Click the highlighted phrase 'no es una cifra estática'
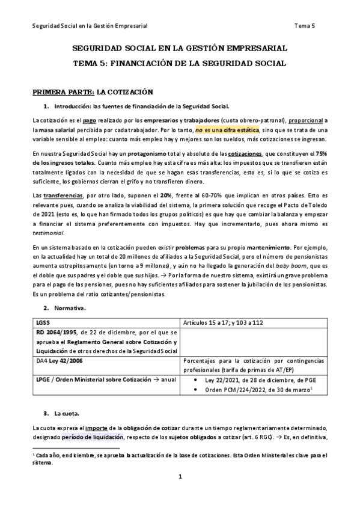(x=227, y=129)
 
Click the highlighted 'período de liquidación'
(x=92, y=437)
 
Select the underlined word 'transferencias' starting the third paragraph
(x=59, y=195)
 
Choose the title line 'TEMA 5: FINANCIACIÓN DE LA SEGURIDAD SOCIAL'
(x=180, y=62)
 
